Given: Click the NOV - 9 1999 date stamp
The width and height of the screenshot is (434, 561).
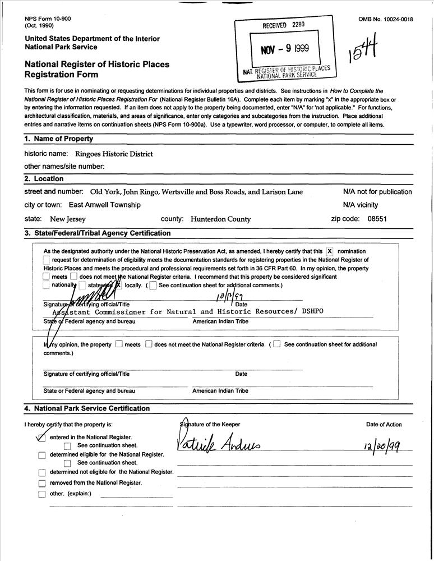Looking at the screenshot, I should [x=285, y=48].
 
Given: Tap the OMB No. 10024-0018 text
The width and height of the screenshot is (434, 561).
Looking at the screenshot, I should [x=386, y=19].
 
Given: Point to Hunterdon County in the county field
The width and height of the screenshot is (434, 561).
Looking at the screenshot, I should [x=221, y=219].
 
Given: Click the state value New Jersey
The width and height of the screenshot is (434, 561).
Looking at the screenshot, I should [x=68, y=219].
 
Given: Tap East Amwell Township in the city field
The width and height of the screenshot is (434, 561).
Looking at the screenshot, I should [x=105, y=205].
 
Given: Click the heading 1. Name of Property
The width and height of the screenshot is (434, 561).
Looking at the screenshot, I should [x=59, y=139].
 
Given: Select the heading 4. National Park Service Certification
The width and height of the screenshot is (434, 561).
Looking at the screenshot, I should [x=87, y=408].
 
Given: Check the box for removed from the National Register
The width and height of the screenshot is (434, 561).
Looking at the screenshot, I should [x=41, y=483].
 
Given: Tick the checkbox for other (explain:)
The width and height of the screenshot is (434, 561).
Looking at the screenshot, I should [x=41, y=494].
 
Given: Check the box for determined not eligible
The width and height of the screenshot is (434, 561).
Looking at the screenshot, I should [x=41, y=472].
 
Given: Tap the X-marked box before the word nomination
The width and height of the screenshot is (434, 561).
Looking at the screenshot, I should [x=330, y=251].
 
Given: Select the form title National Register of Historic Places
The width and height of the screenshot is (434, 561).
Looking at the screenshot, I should [x=97, y=65].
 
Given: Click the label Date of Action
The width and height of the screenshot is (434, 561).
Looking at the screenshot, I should [x=384, y=425].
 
